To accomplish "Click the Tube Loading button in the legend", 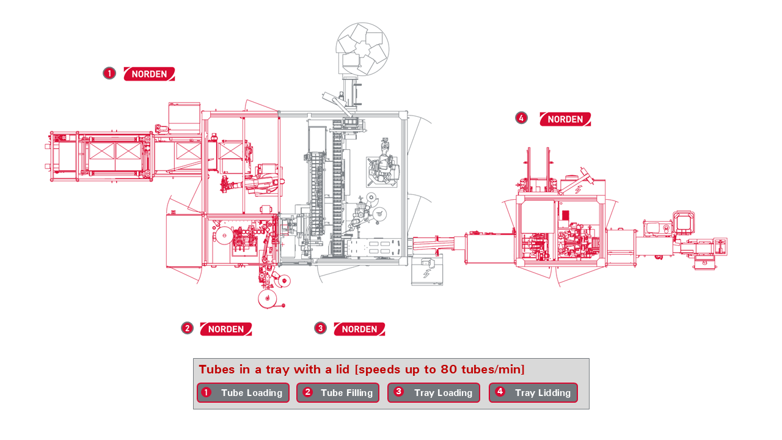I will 244,393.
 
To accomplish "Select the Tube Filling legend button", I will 338,393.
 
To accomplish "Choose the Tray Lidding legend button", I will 533,393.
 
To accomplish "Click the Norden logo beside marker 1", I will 149,74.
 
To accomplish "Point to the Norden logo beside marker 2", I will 225,329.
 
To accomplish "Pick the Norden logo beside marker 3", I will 359,329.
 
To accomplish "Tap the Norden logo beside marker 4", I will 565,119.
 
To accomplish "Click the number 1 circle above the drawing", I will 109,73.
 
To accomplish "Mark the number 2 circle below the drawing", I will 187,328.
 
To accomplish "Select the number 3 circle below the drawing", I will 320,328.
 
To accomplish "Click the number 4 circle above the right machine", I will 521,118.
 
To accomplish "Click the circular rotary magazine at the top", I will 363,48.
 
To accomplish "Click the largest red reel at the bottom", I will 267,299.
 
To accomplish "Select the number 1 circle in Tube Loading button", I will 206,392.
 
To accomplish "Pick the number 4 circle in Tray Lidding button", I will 500,392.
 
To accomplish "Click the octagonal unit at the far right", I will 684,222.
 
